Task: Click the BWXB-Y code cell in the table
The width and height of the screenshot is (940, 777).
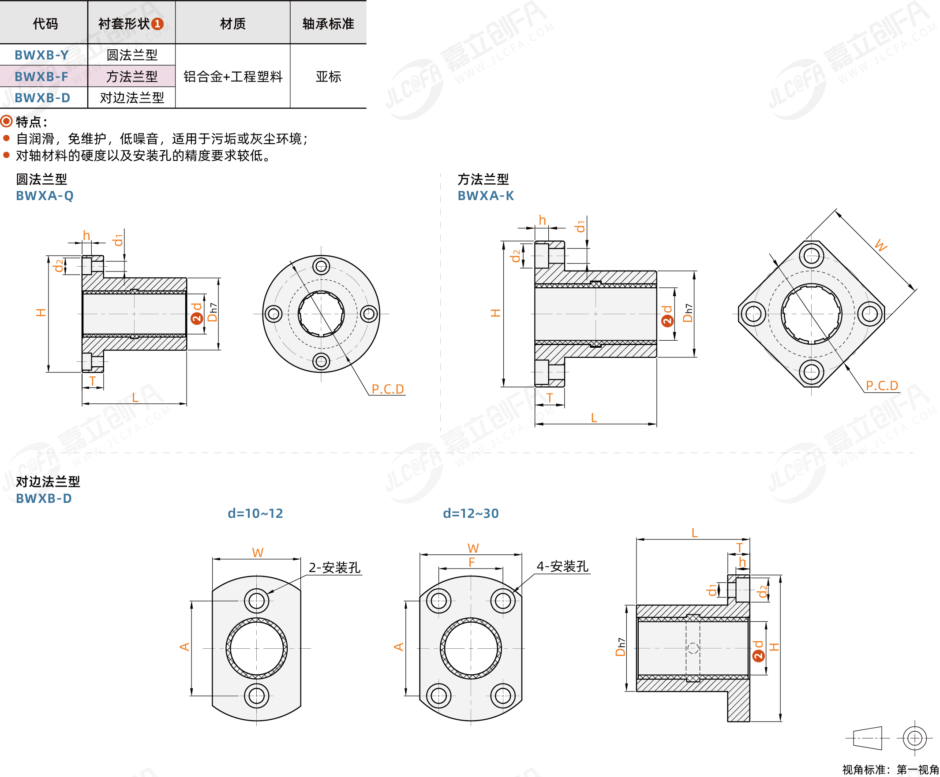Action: [x=41, y=55]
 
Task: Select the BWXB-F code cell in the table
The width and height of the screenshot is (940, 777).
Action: [x=41, y=77]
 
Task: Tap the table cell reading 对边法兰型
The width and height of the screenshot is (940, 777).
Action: [x=131, y=97]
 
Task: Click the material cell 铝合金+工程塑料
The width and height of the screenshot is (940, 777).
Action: [x=233, y=77]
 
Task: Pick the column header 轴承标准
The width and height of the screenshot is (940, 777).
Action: [x=328, y=24]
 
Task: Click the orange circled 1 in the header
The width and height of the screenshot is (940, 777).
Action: [x=157, y=24]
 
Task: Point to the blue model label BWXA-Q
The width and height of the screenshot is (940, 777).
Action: [x=45, y=196]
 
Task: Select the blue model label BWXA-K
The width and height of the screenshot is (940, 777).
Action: [x=486, y=196]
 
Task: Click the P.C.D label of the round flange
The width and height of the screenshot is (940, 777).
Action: [x=388, y=389]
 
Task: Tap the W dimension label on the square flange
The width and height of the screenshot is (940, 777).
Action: [x=880, y=245]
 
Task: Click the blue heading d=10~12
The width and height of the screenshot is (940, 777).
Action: [x=255, y=513]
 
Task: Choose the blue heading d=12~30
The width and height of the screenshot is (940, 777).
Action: [x=471, y=513]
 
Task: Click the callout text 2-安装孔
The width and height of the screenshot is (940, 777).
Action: [x=334, y=568]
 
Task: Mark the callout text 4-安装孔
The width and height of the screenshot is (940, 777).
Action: [x=562, y=566]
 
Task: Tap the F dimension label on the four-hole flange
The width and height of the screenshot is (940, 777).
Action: [x=472, y=562]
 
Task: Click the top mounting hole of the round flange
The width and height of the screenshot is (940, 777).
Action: [x=321, y=267]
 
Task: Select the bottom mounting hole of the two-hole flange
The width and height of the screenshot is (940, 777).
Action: [x=256, y=695]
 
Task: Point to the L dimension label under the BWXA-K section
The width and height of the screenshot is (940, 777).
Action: [x=594, y=418]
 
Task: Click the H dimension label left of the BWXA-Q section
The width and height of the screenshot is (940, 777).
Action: [x=41, y=312]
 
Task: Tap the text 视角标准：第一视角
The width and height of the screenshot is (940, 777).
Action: [x=890, y=770]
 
